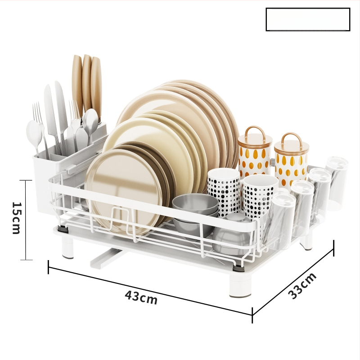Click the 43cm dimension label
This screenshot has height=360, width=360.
coord(141,297)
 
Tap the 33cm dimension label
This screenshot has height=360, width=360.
coord(302,286)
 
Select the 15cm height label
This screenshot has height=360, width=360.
coord(16,218)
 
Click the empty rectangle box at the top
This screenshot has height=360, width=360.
coord(308,19)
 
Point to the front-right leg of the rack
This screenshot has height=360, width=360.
coord(239,284)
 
